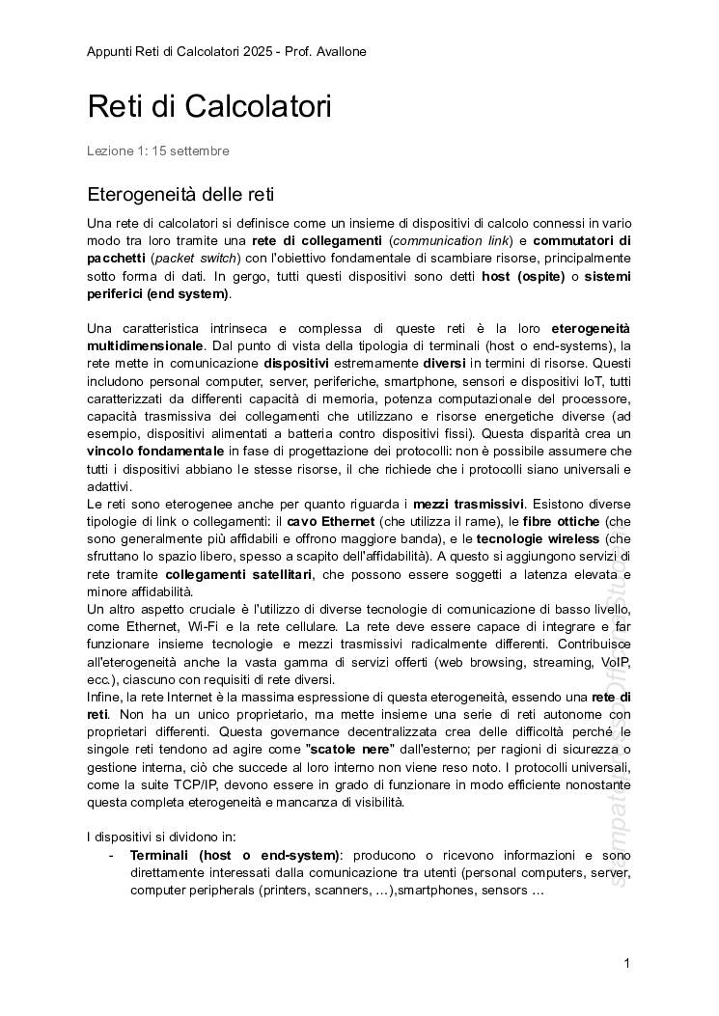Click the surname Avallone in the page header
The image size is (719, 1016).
click(x=336, y=51)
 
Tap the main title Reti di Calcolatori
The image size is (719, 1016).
click(x=209, y=106)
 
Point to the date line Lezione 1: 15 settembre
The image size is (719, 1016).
click(x=157, y=151)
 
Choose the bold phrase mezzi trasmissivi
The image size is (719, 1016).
click(x=468, y=504)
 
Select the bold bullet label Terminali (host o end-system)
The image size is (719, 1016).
click(x=235, y=855)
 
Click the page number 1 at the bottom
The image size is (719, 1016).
click(x=626, y=963)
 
